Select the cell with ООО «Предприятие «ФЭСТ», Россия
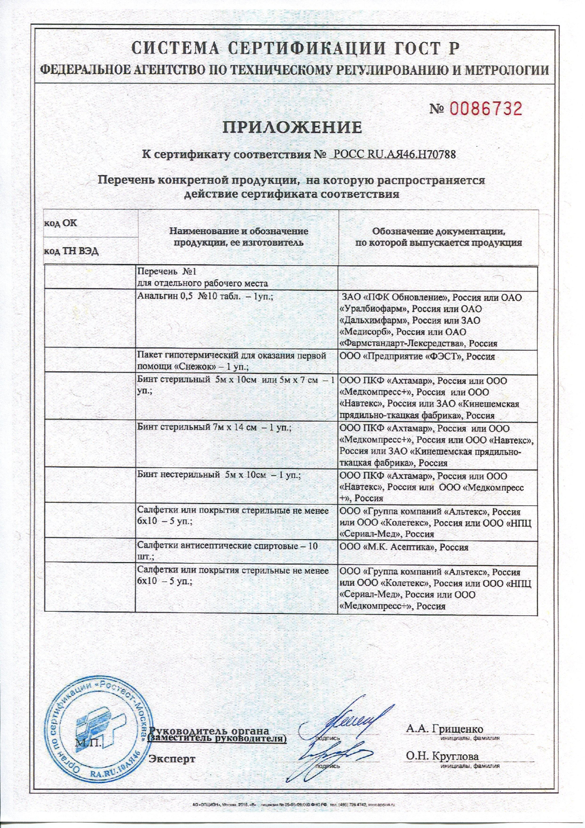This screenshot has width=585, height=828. point(417,357)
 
